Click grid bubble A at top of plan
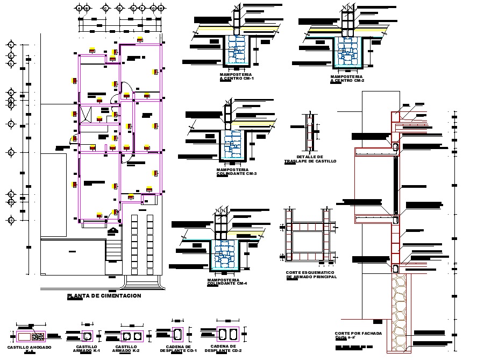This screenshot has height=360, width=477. point(79,8)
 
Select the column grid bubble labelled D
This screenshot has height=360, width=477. point(118,8)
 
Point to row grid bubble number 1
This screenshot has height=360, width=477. point(10,45)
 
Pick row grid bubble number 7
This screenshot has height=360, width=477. point(10,124)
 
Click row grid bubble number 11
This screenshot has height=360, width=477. point(10,220)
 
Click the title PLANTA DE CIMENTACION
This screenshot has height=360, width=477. point(104,296)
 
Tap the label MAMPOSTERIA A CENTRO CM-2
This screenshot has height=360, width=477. point(347,79)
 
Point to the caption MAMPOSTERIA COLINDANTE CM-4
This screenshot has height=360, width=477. point(226,281)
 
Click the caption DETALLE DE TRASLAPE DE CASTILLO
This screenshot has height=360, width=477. point(310,159)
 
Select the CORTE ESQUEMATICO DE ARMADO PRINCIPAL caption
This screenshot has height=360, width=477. point(311,274)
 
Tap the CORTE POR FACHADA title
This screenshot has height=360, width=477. point(358,334)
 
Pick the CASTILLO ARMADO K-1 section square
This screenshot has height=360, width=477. point(87,336)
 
